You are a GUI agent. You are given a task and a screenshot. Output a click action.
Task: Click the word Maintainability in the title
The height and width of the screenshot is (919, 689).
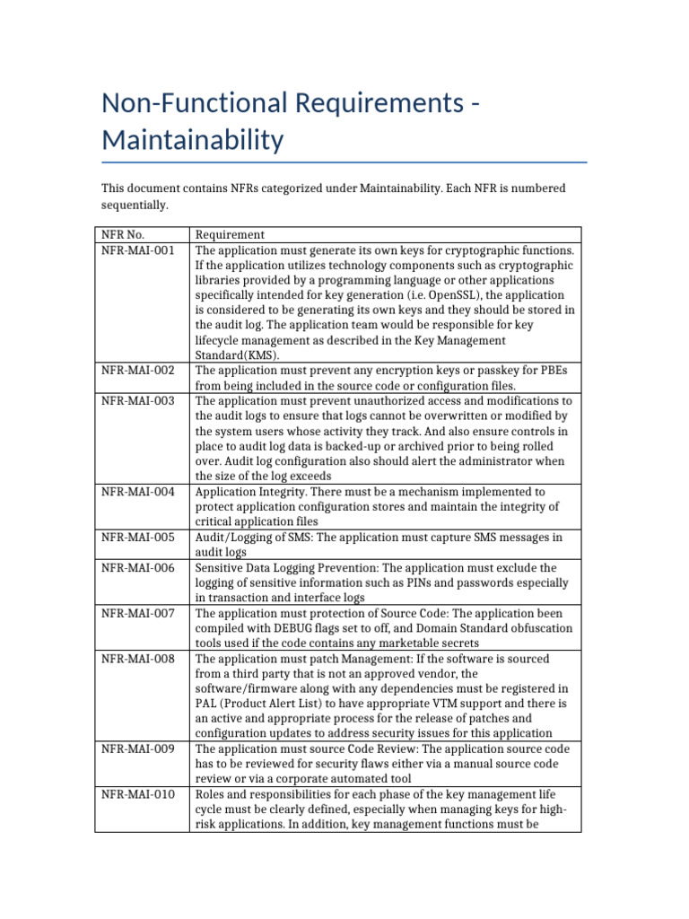coord(193,140)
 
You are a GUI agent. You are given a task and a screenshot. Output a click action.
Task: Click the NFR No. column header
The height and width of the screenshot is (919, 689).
coord(123,235)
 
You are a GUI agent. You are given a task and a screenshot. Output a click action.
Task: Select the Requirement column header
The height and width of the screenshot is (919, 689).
coord(230,235)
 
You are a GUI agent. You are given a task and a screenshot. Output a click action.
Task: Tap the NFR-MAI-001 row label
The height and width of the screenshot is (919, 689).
coord(138,250)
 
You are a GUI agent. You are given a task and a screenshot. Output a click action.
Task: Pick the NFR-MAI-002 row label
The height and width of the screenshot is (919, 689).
coord(138,370)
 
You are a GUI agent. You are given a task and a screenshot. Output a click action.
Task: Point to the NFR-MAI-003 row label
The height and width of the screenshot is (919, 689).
coord(138,400)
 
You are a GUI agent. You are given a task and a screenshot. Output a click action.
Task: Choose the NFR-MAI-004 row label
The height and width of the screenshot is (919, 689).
coord(138,492)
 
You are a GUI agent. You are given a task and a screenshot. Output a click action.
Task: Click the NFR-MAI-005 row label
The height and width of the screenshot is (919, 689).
coord(138,538)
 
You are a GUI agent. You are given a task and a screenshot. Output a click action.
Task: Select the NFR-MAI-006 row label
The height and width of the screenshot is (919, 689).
coord(138,568)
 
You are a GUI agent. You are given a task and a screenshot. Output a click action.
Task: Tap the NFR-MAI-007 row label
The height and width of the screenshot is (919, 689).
coord(138,614)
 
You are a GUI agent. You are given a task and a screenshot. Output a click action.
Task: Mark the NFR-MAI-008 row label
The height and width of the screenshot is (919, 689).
coord(138,660)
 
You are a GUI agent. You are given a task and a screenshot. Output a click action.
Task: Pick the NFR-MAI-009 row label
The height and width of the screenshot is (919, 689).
coord(138,748)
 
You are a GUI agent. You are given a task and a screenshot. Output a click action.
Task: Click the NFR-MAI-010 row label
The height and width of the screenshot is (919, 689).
coord(138,794)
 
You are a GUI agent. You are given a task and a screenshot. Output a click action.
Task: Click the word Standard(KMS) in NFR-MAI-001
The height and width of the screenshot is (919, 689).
coord(231,355)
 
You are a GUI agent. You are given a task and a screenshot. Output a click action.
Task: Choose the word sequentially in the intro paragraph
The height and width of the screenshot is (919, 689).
coord(134,205)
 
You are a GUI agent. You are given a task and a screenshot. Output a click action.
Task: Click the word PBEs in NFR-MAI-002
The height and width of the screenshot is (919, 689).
coord(557,370)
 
